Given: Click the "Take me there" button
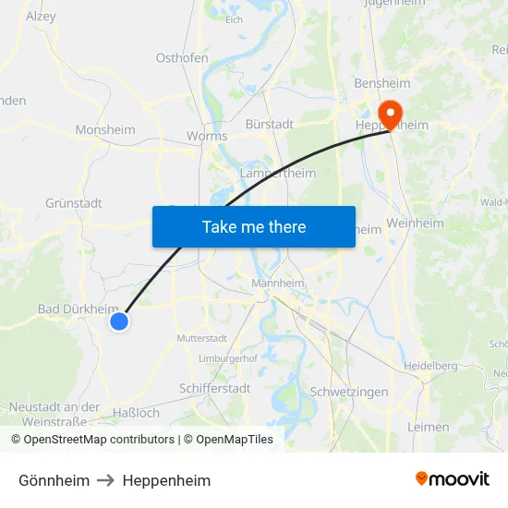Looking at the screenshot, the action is pyautogui.click(x=254, y=226).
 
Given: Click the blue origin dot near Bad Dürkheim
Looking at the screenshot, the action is pyautogui.click(x=118, y=321).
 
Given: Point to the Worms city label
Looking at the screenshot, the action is pyautogui.click(x=207, y=136).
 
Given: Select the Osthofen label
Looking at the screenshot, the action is pyautogui.click(x=182, y=57).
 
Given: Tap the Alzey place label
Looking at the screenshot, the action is pyautogui.click(x=41, y=16).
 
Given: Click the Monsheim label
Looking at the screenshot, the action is pyautogui.click(x=105, y=130).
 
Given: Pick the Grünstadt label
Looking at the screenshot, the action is pyautogui.click(x=73, y=203).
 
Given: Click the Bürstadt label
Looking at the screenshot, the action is pyautogui.click(x=270, y=123).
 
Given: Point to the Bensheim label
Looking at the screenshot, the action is pyautogui.click(x=382, y=83).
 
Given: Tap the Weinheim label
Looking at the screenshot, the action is pyautogui.click(x=416, y=223).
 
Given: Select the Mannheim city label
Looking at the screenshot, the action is pyautogui.click(x=278, y=284).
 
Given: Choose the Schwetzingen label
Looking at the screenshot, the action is pyautogui.click(x=350, y=392).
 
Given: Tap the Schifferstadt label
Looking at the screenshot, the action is pyautogui.click(x=214, y=389).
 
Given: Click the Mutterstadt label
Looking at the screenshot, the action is pyautogui.click(x=201, y=338).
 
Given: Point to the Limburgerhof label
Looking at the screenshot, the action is pyautogui.click(x=228, y=358).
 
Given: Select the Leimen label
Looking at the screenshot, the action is pyautogui.click(x=428, y=427).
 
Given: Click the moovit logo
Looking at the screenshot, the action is pyautogui.click(x=452, y=479).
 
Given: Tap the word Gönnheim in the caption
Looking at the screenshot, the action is pyautogui.click(x=54, y=480).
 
